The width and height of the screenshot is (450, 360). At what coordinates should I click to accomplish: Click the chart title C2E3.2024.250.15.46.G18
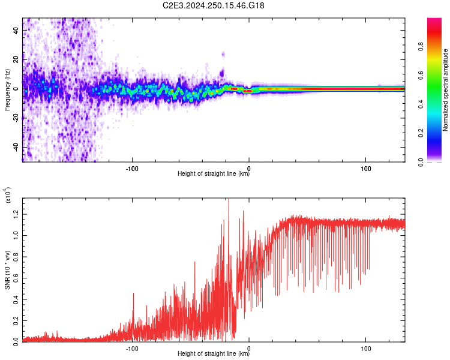(213, 5)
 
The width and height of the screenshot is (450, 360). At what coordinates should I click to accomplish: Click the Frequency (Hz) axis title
(7, 89)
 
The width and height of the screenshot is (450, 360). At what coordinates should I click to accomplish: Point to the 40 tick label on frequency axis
(16, 30)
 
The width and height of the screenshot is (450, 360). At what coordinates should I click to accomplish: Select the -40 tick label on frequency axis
(16, 148)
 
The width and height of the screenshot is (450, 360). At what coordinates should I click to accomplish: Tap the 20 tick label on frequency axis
(16, 60)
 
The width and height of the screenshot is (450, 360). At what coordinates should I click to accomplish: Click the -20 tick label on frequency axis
(16, 119)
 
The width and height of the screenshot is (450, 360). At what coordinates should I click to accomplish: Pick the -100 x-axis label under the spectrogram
(132, 169)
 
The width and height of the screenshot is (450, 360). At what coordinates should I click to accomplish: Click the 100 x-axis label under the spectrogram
(365, 169)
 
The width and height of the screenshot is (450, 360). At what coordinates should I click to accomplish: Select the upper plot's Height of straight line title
(214, 173)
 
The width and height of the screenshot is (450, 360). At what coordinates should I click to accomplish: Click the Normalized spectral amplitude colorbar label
(445, 90)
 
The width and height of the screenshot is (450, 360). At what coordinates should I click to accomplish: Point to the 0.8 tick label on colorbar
(421, 47)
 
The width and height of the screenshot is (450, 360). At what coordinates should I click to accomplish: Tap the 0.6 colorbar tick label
(421, 76)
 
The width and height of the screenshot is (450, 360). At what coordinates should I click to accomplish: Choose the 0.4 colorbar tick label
(421, 104)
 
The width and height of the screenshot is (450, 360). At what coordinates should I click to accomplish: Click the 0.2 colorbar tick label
(421, 133)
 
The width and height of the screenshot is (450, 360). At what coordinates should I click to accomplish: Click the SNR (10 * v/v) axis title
(7, 270)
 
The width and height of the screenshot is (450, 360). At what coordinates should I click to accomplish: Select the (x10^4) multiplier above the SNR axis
(8, 195)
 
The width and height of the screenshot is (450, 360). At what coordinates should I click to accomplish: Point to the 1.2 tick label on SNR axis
(16, 214)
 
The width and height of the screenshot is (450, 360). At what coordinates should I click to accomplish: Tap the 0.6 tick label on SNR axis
(16, 278)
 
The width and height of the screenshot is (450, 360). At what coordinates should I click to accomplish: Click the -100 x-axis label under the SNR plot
(132, 349)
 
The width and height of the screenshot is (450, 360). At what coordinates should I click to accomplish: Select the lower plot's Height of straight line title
(214, 353)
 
